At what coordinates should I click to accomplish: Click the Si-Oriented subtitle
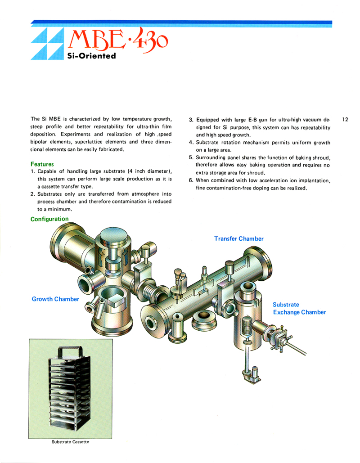click(x=91, y=56)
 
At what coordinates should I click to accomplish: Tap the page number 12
click(x=345, y=120)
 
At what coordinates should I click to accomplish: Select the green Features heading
click(x=42, y=164)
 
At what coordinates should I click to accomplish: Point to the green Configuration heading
click(x=49, y=219)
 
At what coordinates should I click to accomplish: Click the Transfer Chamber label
click(x=238, y=238)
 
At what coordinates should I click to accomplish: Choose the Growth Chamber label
click(x=55, y=299)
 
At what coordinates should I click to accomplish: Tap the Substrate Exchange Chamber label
click(x=299, y=309)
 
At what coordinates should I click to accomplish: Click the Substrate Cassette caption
click(x=70, y=441)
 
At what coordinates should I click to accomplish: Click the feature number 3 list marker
click(x=191, y=120)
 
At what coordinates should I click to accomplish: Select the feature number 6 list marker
click(x=191, y=180)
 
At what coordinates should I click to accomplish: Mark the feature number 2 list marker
click(x=33, y=194)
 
